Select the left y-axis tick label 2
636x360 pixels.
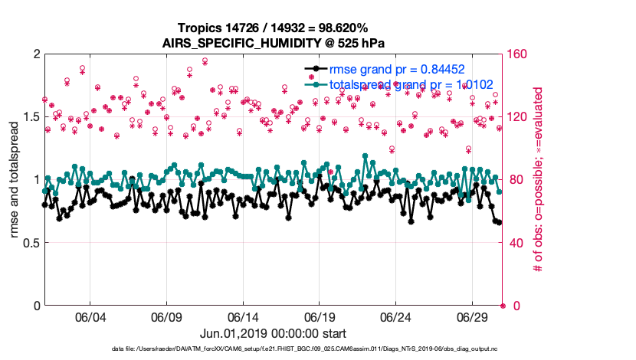point(36,54)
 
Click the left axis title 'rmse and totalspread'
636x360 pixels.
point(15,179)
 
